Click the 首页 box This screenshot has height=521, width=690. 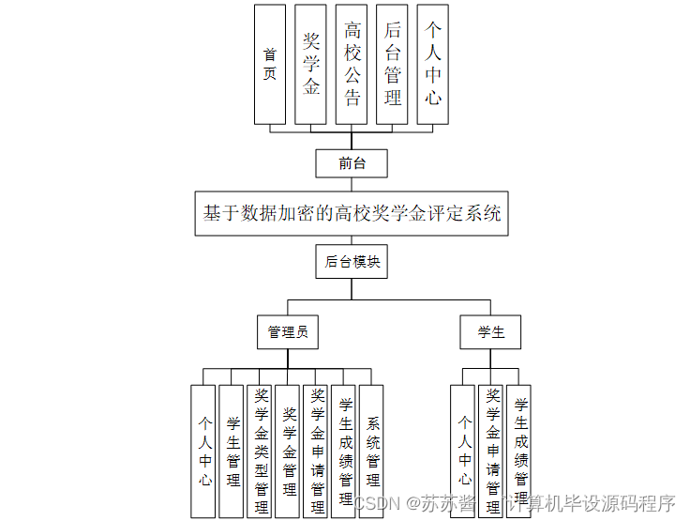[x=270, y=64]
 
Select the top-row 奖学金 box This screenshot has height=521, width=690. [x=311, y=64]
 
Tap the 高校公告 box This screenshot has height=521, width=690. [x=352, y=64]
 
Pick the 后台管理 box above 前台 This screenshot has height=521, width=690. [x=392, y=64]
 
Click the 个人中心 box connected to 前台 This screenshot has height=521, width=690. [x=432, y=64]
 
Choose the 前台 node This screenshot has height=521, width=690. [x=352, y=163]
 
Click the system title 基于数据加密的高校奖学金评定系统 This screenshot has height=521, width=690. [x=352, y=213]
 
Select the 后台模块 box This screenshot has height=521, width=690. [x=352, y=262]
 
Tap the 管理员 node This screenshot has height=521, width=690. [x=288, y=331]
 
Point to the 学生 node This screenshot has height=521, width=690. [x=491, y=331]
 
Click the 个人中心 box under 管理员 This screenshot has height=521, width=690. [x=204, y=451]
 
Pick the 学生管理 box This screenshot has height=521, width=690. [x=232, y=451]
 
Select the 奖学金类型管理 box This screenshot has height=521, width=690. [x=261, y=451]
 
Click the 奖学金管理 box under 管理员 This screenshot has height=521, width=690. [x=289, y=451]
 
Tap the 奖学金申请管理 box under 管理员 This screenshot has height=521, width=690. [x=317, y=451]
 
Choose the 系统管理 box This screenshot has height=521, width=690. [x=372, y=451]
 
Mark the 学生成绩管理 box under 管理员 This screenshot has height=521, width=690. [x=344, y=451]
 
